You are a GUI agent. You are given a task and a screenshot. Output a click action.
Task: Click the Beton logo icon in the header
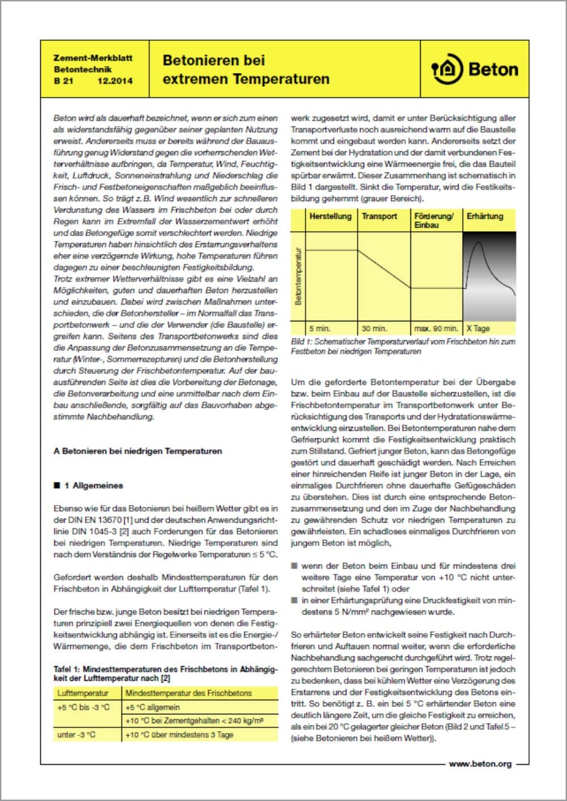click(447, 70)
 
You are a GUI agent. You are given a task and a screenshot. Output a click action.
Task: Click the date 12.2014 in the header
click(115, 81)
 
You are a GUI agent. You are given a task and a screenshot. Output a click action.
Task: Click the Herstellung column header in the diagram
click(330, 217)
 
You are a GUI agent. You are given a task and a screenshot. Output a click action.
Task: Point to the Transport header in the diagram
click(379, 217)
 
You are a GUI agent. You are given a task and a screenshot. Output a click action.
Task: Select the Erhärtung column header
click(485, 217)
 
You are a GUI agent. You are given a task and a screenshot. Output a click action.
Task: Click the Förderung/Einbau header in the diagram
click(434, 221)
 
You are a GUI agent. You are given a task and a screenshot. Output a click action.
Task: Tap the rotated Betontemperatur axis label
click(298, 276)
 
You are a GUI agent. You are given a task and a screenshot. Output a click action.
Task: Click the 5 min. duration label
click(320, 328)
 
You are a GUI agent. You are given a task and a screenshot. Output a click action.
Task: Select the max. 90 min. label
click(435, 328)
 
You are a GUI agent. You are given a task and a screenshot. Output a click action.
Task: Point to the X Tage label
click(478, 328)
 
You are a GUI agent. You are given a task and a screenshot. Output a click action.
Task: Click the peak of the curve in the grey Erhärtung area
click(479, 243)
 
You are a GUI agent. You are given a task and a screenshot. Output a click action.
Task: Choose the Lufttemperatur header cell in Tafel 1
click(83, 693)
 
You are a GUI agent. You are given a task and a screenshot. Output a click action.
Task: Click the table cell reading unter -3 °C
click(77, 735)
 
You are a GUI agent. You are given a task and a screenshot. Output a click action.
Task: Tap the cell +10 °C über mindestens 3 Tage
click(179, 735)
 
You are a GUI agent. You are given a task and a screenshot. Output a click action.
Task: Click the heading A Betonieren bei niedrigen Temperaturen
click(138, 451)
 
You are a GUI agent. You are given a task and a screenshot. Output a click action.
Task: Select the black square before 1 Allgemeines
click(57, 486)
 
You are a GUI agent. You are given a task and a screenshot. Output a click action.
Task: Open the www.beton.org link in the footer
click(480, 764)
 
